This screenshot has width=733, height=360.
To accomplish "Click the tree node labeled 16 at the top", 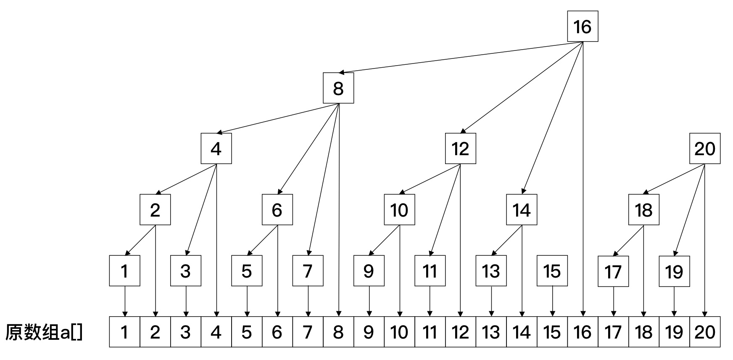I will (583, 26).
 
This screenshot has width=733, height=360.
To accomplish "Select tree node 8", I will (338, 88).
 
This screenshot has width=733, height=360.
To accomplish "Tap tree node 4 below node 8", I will (216, 148).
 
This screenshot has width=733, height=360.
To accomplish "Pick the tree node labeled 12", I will (460, 148).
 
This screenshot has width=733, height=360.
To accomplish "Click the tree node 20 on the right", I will (705, 148).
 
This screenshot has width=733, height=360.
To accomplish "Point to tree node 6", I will (277, 209).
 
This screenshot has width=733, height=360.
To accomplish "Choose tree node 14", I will (522, 209).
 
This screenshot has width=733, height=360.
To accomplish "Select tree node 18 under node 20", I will (643, 209).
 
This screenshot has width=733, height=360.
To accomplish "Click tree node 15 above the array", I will (552, 271).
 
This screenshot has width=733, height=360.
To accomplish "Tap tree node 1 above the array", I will (124, 271).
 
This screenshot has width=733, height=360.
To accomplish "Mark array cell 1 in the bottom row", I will (124, 332).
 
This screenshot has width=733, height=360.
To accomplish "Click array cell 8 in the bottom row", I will (338, 332).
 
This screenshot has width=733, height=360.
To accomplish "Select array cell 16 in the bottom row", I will (583, 332).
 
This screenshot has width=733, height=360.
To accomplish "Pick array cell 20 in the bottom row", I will (705, 332).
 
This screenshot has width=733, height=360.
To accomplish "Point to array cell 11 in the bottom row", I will (430, 332).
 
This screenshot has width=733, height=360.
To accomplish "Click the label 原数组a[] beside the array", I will (44, 332).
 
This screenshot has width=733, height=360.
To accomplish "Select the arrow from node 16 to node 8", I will (460, 57).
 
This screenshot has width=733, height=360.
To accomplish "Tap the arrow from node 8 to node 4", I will (277, 118).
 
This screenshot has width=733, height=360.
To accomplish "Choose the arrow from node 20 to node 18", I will (674, 179).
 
